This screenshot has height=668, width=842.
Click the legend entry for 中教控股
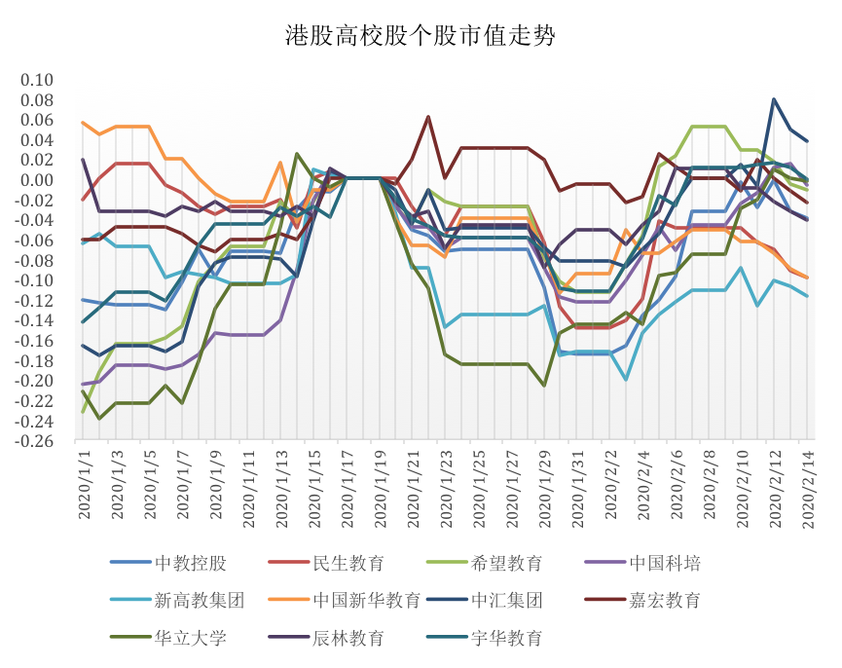click(x=191, y=563)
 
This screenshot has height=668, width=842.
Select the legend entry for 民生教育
click(x=348, y=563)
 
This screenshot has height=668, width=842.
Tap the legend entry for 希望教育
click(x=506, y=563)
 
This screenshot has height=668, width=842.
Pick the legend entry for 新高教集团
click(x=199, y=600)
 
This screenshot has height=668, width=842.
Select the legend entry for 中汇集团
click(x=506, y=600)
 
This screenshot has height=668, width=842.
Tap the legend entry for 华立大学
click(x=191, y=638)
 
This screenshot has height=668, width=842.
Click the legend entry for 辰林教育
click(x=348, y=638)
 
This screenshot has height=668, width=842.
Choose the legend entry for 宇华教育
click(x=506, y=638)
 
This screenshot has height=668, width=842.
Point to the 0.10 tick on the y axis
click(x=47, y=80)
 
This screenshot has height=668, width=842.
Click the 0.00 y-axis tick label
click(x=47, y=180)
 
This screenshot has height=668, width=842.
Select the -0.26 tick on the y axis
click(x=43, y=441)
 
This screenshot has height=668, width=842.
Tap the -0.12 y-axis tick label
click(x=43, y=301)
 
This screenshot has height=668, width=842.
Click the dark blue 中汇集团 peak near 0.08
click(x=774, y=99)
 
